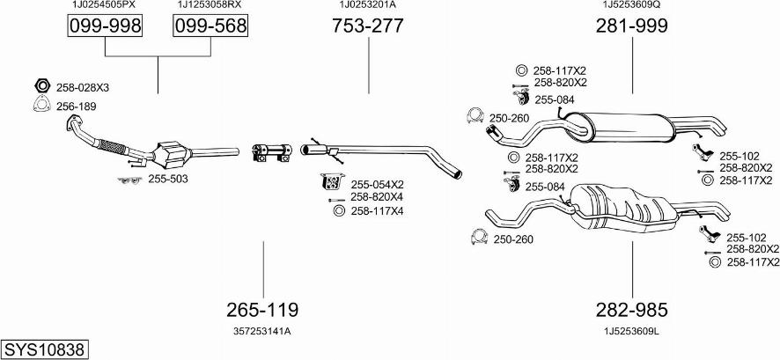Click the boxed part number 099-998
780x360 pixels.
(x=105, y=26)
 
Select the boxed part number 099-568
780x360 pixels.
(x=210, y=26)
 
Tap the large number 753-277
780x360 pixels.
(x=367, y=26)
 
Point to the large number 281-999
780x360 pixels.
(x=631, y=26)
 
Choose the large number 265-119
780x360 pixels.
(x=262, y=310)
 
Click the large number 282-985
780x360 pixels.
(x=631, y=310)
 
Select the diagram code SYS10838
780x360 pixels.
(x=44, y=349)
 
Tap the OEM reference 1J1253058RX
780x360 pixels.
(x=210, y=4)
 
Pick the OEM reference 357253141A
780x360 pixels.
(x=262, y=331)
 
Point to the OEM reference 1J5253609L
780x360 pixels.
(x=631, y=331)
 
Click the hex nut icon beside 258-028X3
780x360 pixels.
(x=40, y=86)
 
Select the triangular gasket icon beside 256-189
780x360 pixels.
(x=40, y=107)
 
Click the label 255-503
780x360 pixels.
(x=168, y=179)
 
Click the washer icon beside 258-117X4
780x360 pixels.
(x=339, y=210)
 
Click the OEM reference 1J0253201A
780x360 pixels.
(x=367, y=4)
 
